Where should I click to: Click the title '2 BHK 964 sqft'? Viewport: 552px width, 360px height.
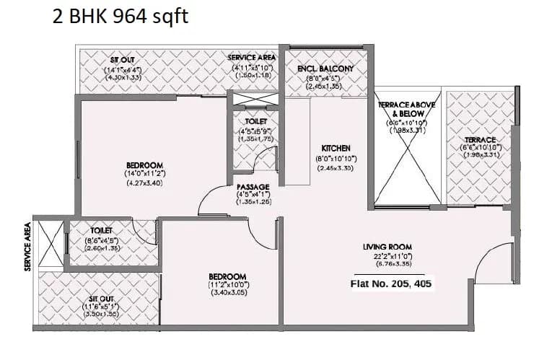click(x=121, y=16)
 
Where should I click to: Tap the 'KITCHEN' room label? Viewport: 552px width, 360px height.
click(x=336, y=148)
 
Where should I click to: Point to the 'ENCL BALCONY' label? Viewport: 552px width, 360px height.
click(x=325, y=69)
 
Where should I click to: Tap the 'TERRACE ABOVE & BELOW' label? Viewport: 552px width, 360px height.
click(x=406, y=109)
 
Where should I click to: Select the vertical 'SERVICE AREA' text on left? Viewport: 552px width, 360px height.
click(x=27, y=245)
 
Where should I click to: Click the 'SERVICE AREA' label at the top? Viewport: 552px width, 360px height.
click(x=252, y=57)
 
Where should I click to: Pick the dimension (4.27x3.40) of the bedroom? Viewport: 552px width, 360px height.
click(x=144, y=183)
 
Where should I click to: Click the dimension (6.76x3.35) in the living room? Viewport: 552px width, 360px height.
click(x=393, y=265)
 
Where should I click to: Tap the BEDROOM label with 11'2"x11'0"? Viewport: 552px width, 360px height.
click(x=227, y=276)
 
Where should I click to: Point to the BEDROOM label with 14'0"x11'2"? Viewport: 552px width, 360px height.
click(x=144, y=165)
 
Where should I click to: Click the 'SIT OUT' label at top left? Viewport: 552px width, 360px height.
click(x=120, y=60)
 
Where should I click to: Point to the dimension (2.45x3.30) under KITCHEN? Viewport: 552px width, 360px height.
click(x=336, y=168)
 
